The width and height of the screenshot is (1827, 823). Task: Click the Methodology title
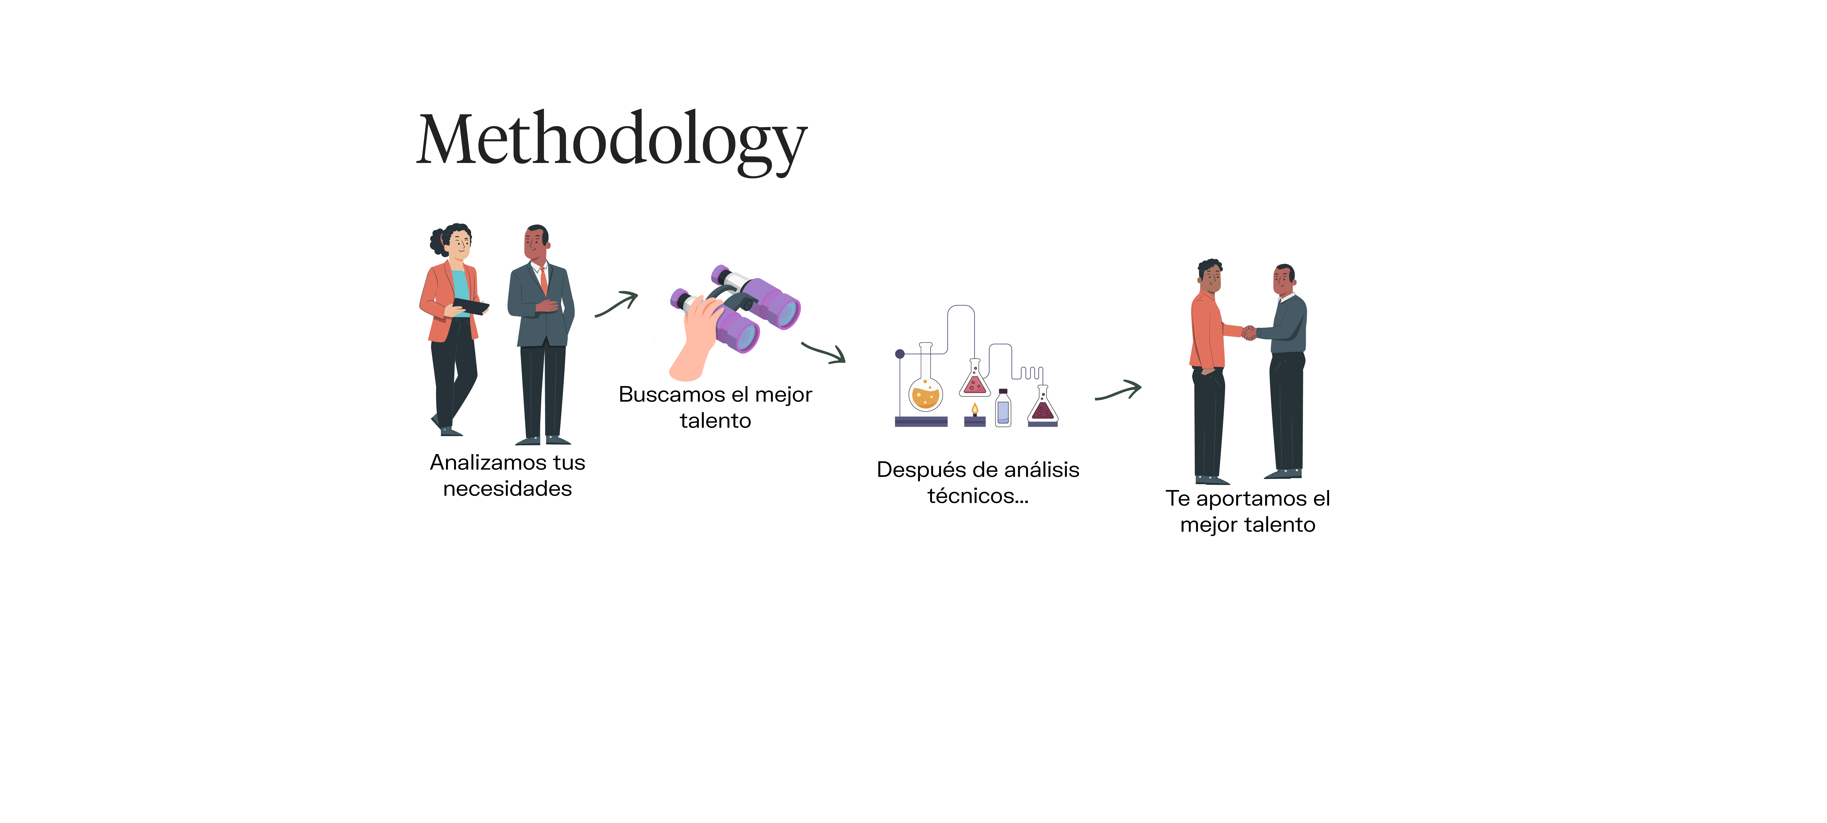pos(611,140)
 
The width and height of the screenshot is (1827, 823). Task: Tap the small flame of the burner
pos(975,409)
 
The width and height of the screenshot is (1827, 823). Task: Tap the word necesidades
pos(507,489)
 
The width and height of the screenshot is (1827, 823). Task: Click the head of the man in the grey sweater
pos(1284,279)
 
